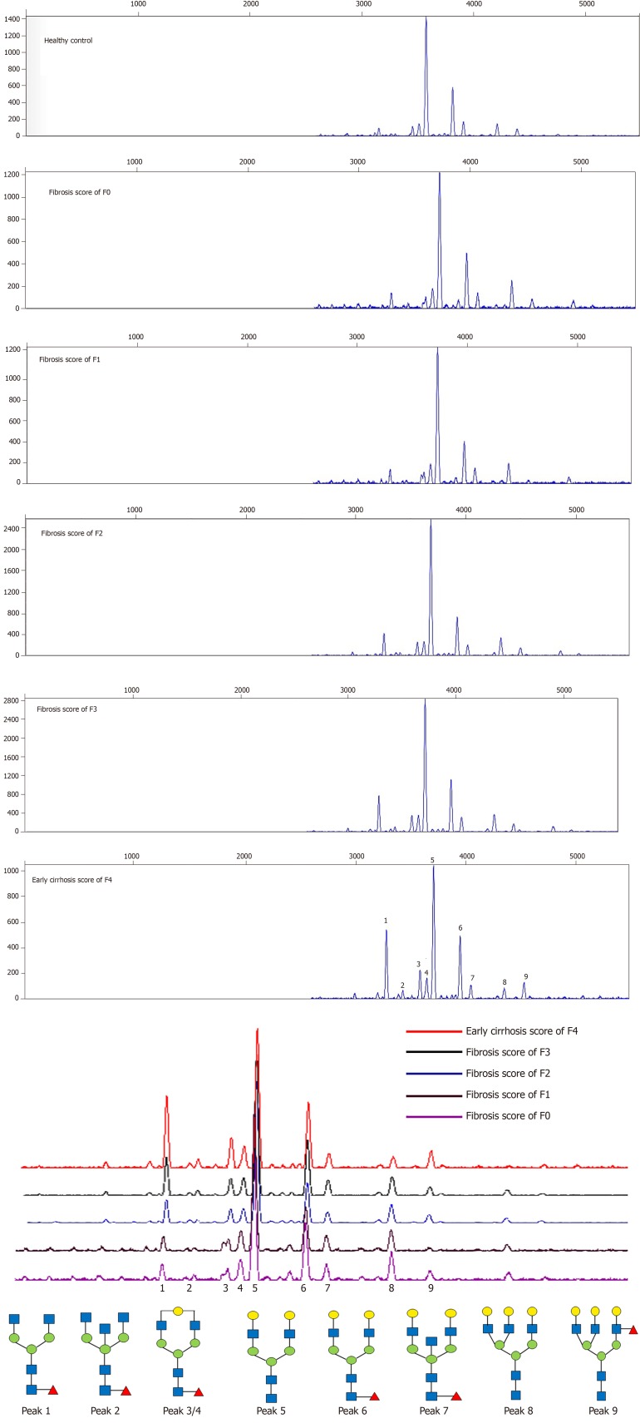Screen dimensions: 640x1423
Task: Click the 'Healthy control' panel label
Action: tap(68, 41)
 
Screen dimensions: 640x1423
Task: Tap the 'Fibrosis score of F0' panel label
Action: tap(79, 192)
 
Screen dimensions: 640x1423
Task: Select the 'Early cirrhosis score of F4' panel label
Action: tap(71, 880)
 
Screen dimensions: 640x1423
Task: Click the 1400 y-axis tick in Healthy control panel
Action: tap(12, 19)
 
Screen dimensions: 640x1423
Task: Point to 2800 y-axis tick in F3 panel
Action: tap(12, 701)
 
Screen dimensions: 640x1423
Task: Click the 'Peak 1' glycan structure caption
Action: tap(36, 1411)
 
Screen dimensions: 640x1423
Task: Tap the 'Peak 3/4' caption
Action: tap(181, 1411)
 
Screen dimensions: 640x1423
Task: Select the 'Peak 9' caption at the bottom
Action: tap(603, 1411)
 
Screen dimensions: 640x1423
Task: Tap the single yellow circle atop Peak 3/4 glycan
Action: tap(179, 1312)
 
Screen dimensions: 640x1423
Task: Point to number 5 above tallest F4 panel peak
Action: tap(432, 860)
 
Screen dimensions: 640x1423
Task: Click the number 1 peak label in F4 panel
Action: tap(386, 921)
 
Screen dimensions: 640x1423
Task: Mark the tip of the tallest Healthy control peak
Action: tap(426, 17)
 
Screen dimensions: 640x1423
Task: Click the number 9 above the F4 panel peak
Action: tap(525, 976)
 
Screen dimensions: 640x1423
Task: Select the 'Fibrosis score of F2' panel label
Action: tap(71, 534)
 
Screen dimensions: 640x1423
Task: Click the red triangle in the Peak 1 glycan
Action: tap(53, 1391)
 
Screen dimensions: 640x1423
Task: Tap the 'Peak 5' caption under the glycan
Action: tap(271, 1411)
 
